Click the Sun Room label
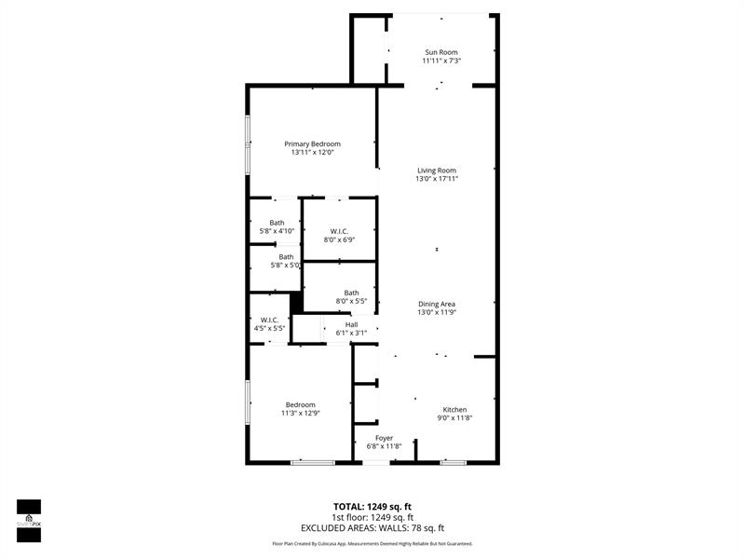(x=440, y=52)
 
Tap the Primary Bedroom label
(x=313, y=144)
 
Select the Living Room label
(x=436, y=170)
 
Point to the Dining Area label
(x=436, y=304)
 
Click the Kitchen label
(x=454, y=410)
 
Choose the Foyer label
(x=384, y=438)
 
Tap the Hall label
(x=351, y=325)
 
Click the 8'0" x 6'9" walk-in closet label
(x=338, y=231)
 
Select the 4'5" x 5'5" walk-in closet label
(x=269, y=320)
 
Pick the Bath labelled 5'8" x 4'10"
(x=277, y=223)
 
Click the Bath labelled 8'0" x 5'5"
(x=351, y=293)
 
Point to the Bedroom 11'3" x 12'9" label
(x=300, y=404)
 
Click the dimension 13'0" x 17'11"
(x=436, y=179)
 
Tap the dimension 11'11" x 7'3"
(x=440, y=61)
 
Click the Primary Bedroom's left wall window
(x=248, y=144)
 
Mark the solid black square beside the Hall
(x=297, y=304)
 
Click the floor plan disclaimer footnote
(x=372, y=543)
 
